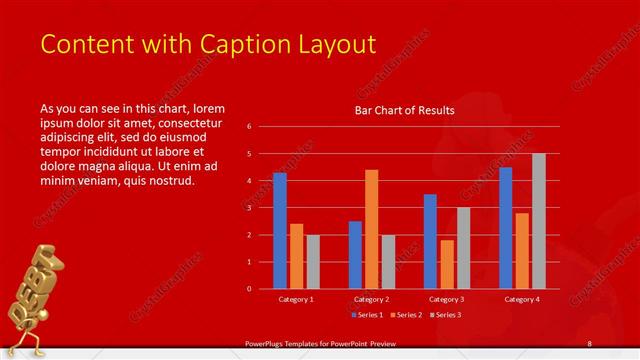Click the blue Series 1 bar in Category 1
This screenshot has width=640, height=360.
tap(280, 231)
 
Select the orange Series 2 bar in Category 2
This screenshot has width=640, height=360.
tap(371, 229)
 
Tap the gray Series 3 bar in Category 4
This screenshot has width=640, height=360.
tap(539, 221)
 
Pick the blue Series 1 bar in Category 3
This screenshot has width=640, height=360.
tap(430, 241)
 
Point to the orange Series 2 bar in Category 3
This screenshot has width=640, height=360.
tap(446, 264)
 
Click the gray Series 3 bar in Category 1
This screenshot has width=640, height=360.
tap(313, 262)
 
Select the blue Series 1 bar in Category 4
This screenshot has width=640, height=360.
tap(506, 228)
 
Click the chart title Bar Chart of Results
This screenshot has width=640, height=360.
tap(405, 110)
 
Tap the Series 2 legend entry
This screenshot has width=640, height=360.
tap(405, 314)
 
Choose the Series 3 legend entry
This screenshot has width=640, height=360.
tap(447, 314)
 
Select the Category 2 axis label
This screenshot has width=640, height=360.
tap(371, 299)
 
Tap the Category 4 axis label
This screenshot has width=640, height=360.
tap(522, 299)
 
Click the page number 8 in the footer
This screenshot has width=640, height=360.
tap(590, 344)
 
